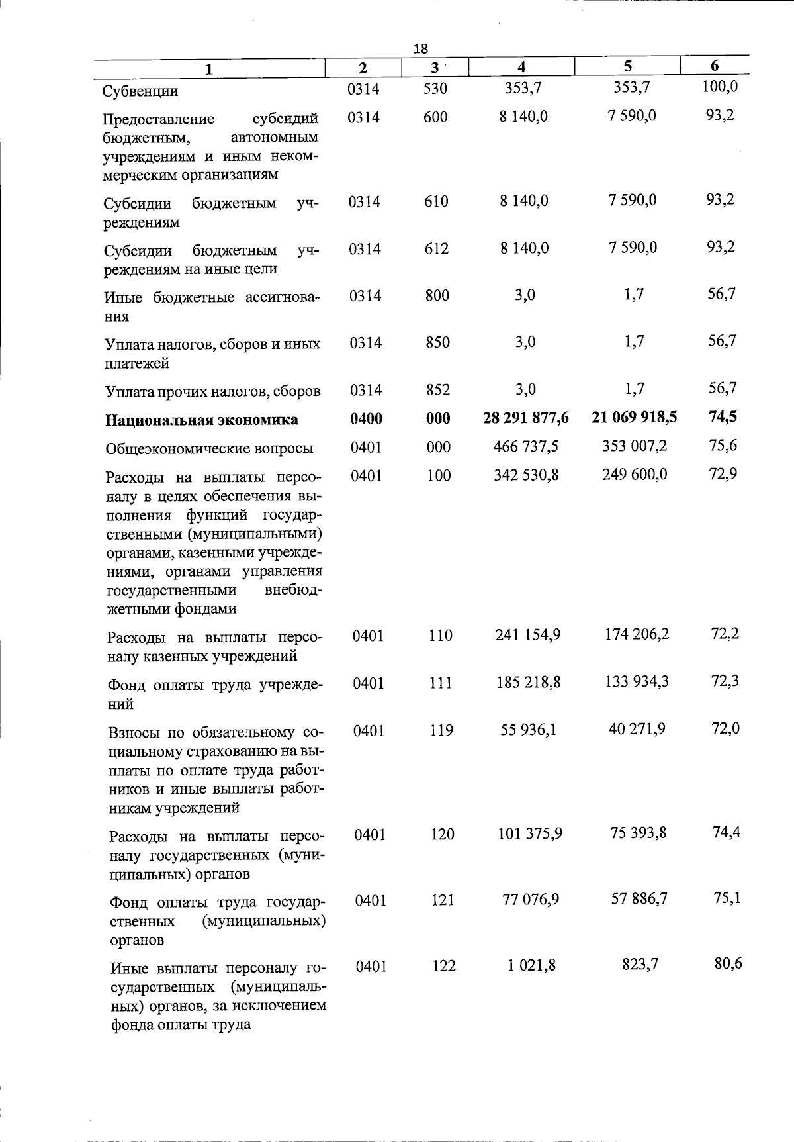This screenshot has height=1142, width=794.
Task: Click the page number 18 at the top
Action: pos(421,48)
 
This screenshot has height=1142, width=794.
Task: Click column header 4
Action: pos(522,66)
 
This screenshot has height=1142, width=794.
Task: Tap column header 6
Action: pos(715,65)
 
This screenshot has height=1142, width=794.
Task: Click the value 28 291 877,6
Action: pos(526,418)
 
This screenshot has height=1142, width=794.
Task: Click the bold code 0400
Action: pos(366,418)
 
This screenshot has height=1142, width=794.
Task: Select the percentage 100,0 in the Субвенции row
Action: pos(720,86)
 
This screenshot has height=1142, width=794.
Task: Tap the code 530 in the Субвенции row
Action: pos(435,88)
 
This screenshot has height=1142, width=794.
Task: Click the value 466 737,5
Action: pos(526,446)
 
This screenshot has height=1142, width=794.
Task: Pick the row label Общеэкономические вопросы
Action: pos(209,448)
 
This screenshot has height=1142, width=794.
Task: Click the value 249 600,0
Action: pos(635,474)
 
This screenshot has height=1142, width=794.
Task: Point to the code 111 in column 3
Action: pos(440,683)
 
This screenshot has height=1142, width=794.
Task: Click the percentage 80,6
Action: pos(728,963)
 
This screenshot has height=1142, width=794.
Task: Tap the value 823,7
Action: pos(640,965)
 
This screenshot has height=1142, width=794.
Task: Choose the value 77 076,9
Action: pos(531,899)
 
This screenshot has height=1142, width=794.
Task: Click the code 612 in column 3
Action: pos(437,248)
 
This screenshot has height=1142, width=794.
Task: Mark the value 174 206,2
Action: pos(637,634)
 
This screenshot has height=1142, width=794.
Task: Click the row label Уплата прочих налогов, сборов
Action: pos(213,391)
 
